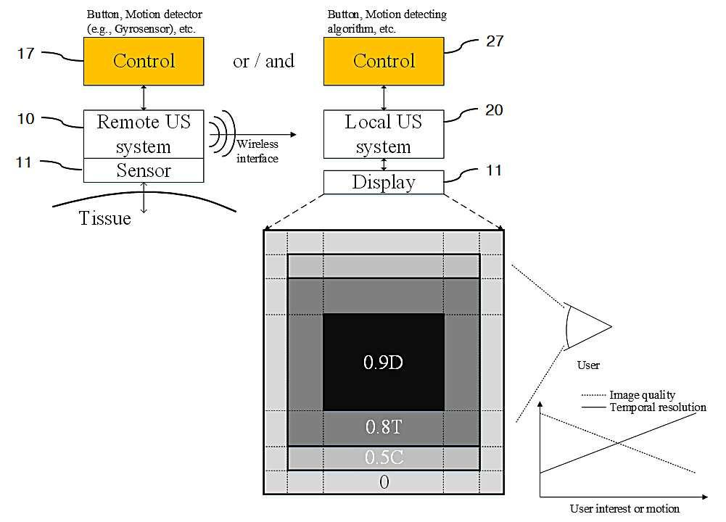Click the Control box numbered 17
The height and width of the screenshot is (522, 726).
(x=144, y=61)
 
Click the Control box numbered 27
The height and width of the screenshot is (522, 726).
(x=384, y=61)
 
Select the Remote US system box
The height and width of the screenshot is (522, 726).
(x=144, y=134)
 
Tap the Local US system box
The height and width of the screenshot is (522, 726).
(x=384, y=134)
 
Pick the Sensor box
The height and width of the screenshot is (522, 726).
(x=144, y=170)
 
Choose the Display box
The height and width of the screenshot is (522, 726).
(x=384, y=182)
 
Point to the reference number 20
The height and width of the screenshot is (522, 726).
(x=494, y=110)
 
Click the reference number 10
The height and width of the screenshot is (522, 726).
(x=26, y=119)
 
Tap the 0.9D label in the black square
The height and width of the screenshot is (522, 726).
(x=384, y=362)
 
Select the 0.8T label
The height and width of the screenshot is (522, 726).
(x=384, y=427)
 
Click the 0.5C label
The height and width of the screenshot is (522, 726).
(x=384, y=457)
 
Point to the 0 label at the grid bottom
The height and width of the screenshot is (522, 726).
(x=384, y=482)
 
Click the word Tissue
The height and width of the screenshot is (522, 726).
(x=105, y=218)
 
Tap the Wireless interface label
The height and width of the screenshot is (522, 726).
(x=257, y=152)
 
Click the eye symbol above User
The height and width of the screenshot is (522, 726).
(x=587, y=326)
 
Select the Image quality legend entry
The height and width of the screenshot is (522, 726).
(x=628, y=394)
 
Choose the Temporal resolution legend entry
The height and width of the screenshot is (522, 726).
(x=644, y=407)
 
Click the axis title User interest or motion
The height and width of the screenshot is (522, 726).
(x=624, y=508)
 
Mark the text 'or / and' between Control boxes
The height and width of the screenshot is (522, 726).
(x=263, y=61)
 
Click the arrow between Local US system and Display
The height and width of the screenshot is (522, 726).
(x=384, y=165)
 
